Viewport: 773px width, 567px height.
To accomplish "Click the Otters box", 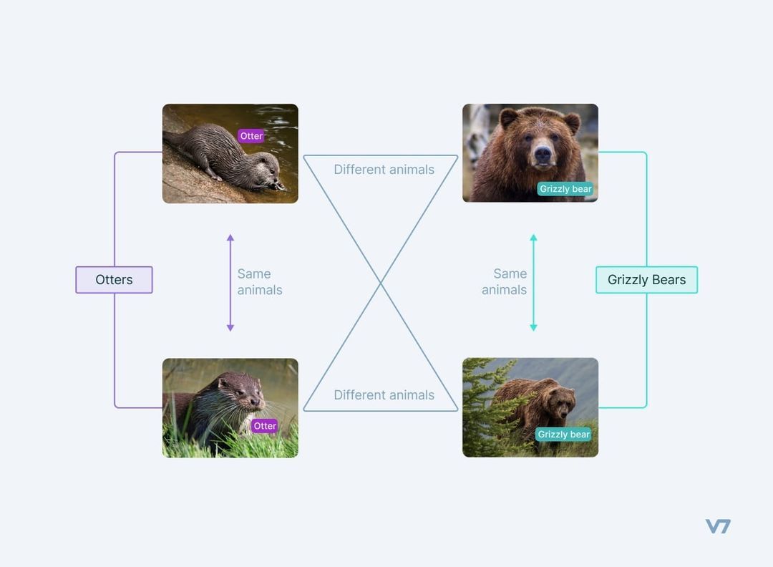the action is pos(114,280).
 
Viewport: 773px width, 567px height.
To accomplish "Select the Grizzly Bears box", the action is pos(646,280).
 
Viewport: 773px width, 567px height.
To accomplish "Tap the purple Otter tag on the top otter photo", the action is pos(251,136).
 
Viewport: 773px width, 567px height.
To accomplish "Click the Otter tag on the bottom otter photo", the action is pos(264,426).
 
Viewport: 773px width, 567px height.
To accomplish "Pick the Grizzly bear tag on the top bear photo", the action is pos(565,189).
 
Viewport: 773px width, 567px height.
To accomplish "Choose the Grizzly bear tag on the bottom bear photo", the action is pos(563,435).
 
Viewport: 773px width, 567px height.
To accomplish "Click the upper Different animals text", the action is pos(384,170).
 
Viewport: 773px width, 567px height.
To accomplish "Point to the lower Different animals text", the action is pos(384,395).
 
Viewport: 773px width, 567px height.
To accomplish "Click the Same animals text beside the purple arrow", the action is pos(259,282).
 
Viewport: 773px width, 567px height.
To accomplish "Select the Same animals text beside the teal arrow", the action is pos(505,282).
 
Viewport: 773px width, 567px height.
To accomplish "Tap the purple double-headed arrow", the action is pos(230,283).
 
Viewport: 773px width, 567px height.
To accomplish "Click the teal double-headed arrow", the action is pos(533,283).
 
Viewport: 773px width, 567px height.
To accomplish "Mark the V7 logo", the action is pos(718,526).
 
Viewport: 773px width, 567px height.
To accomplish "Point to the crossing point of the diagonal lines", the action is pos(380,283).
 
